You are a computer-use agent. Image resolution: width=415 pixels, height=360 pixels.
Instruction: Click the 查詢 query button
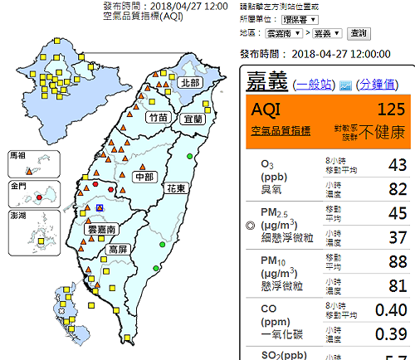pos(359,33)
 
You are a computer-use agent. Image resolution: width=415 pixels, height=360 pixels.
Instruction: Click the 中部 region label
pos(144,176)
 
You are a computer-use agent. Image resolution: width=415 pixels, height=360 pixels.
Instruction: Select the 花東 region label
pos(177,189)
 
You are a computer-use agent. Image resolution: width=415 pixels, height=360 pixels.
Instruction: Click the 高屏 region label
pos(118,248)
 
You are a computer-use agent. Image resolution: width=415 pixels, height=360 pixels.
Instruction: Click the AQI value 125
pos(390,109)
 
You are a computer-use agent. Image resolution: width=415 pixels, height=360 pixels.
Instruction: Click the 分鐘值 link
pos(379,85)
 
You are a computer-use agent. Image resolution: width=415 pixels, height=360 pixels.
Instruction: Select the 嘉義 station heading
pos(265,82)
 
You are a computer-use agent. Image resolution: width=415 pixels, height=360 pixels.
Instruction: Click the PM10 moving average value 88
pos(395,263)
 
